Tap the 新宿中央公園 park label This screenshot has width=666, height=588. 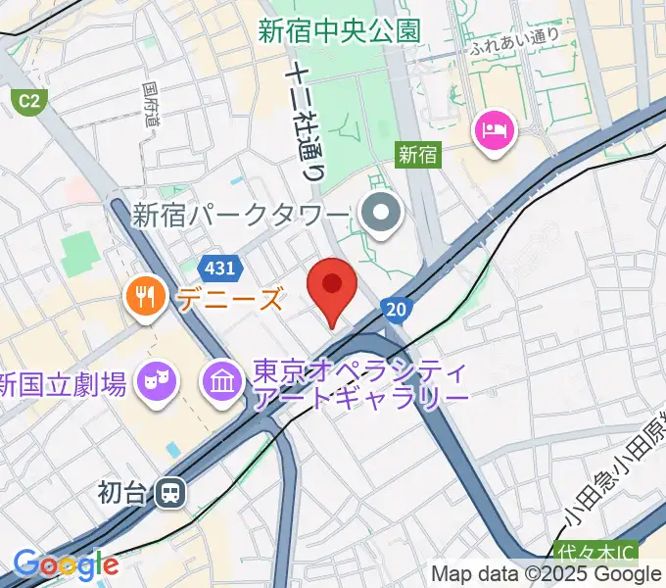point(340,30)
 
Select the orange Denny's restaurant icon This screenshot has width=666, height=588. point(146,297)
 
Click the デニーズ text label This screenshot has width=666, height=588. point(230,298)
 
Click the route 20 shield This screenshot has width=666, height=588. point(395,310)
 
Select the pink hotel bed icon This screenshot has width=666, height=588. point(491,130)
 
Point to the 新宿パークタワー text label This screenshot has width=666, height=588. point(241,215)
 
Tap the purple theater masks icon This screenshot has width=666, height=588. point(157,379)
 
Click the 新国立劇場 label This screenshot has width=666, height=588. point(63,384)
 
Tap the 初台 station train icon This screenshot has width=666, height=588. point(170,493)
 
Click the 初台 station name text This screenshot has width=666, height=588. point(121,492)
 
